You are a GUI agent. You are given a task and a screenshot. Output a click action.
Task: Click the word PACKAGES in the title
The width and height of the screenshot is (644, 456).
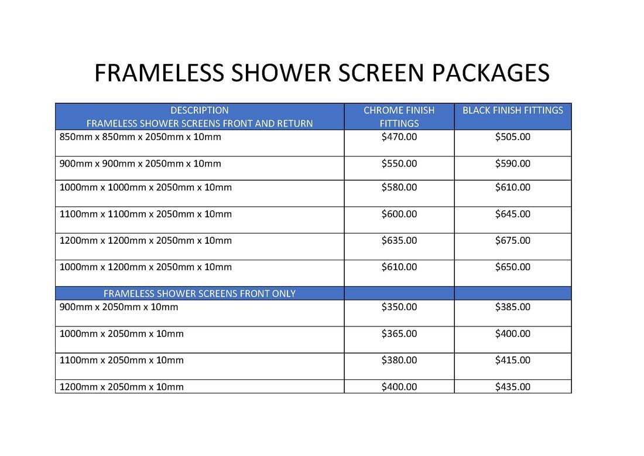[x=491, y=73]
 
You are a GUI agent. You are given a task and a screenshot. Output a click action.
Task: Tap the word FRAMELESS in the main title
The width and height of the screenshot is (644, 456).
[x=159, y=73]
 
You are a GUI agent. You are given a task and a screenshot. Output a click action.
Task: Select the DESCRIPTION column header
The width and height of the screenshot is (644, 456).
[x=200, y=110]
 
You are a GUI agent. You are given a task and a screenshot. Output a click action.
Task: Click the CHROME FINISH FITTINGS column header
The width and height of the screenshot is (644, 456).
[x=399, y=117]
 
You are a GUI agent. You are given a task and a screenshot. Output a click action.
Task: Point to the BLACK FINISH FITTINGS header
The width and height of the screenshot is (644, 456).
[x=513, y=110]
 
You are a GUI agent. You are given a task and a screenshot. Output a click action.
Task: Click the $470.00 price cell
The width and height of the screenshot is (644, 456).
[x=399, y=137]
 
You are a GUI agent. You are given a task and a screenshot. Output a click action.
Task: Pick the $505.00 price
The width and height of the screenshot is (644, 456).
[x=513, y=137]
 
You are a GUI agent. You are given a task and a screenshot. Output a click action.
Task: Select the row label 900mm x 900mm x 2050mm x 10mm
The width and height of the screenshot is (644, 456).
[x=140, y=164]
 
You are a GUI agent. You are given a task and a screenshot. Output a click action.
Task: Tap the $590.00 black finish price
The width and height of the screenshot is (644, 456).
[x=513, y=164]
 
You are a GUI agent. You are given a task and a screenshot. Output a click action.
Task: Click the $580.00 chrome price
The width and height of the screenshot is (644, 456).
[x=399, y=188]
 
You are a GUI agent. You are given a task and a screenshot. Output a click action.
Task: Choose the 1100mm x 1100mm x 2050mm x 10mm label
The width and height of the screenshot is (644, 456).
[x=145, y=214]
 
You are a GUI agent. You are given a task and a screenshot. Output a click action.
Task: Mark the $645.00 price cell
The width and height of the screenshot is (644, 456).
[x=513, y=214]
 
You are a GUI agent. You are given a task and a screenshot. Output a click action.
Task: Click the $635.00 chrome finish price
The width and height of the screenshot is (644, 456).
[x=399, y=240]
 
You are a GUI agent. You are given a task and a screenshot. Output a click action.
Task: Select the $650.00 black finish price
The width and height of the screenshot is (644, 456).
[x=513, y=267]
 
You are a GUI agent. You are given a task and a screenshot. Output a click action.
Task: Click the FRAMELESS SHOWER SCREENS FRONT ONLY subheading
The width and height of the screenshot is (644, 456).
[x=200, y=294]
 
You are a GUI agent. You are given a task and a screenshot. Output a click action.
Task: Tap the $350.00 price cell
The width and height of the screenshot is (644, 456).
[x=399, y=307]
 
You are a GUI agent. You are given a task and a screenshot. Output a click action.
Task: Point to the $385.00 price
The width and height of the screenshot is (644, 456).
[x=513, y=307]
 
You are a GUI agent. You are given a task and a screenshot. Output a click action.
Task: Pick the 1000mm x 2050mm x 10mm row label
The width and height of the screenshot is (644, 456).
[x=122, y=334]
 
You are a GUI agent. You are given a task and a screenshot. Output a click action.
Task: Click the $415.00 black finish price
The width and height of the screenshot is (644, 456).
[x=513, y=360]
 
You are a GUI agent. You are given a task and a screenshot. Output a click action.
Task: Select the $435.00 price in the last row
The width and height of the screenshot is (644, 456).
[x=513, y=387]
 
